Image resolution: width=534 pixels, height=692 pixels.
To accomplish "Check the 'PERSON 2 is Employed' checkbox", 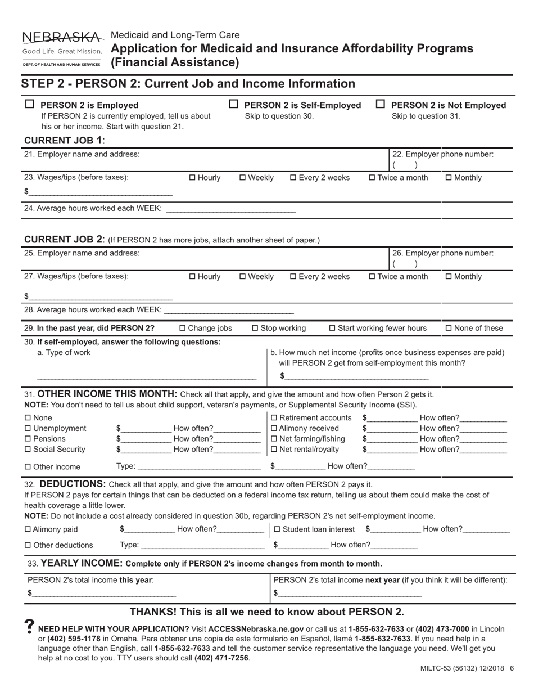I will [x=30, y=105].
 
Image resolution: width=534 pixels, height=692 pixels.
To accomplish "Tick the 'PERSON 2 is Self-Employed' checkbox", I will [x=233, y=105].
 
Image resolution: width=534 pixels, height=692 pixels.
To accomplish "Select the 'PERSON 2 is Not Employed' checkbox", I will [x=381, y=105].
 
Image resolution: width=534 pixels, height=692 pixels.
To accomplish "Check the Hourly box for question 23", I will [x=193, y=178].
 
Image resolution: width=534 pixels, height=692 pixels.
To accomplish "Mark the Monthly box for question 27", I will [x=449, y=277].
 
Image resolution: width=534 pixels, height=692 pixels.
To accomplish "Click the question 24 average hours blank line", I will [x=231, y=210].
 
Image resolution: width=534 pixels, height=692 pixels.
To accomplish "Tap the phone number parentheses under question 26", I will [x=405, y=264].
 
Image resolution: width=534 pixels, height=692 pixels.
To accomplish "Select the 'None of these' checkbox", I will [x=449, y=329].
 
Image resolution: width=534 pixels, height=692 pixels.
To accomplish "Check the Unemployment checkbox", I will [x=29, y=429].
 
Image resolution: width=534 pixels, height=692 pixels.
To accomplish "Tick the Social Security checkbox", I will [x=29, y=449].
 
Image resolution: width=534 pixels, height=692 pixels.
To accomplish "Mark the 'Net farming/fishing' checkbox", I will [x=274, y=439].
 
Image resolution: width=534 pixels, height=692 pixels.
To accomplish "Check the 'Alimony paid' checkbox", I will [x=29, y=529].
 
